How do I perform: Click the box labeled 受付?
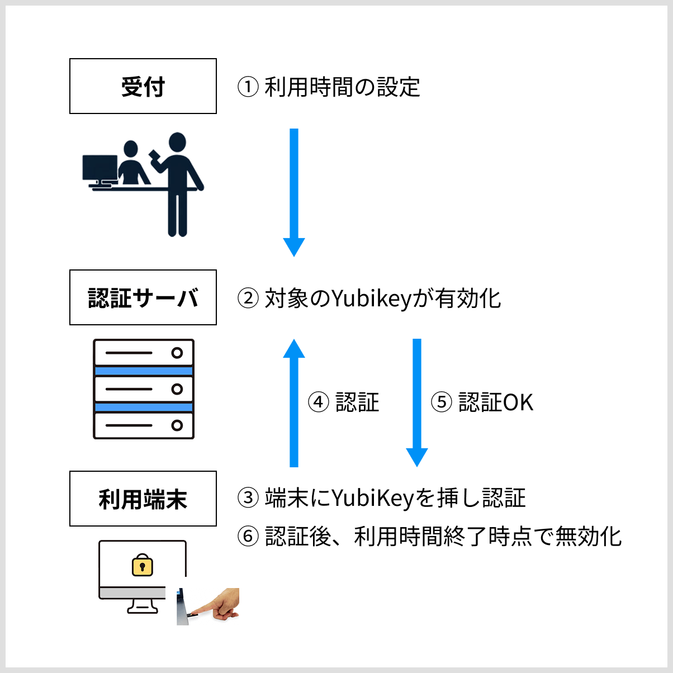(x=143, y=86)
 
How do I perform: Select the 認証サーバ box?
(x=143, y=297)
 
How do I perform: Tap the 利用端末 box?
(x=143, y=499)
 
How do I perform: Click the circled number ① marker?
(x=248, y=87)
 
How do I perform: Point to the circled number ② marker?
(x=248, y=298)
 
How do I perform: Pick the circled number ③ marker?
(x=248, y=498)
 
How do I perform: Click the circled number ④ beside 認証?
(x=319, y=402)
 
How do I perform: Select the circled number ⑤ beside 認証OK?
(x=441, y=402)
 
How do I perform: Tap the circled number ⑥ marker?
(x=248, y=537)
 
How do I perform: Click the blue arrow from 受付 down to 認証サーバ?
(x=294, y=190)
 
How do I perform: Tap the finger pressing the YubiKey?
(x=221, y=606)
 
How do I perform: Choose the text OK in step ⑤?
(x=518, y=402)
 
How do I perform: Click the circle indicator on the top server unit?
(x=177, y=353)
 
